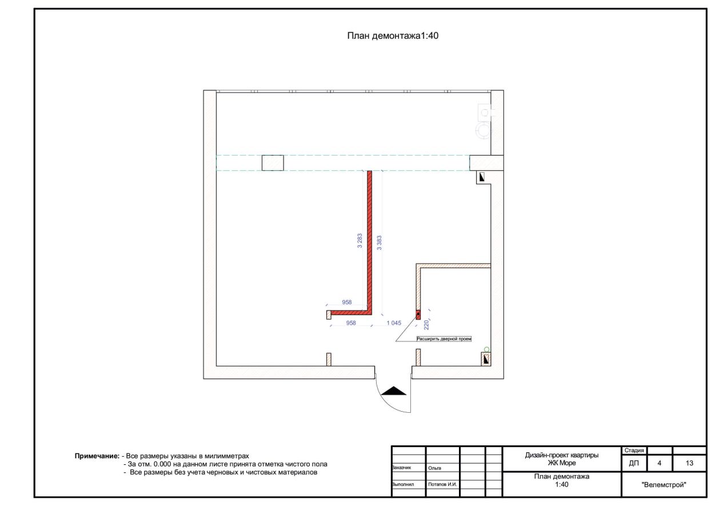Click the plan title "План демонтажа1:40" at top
tap(393, 36)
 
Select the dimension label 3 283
tap(360, 241)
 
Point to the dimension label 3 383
tap(379, 242)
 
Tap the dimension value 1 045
tap(394, 323)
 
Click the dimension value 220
tap(426, 325)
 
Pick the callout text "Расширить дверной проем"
tap(444, 338)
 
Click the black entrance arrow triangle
tap(394, 391)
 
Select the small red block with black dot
tap(418, 315)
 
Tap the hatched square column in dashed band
tap(273, 163)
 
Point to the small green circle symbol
tap(486, 349)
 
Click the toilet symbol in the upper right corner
tap(484, 121)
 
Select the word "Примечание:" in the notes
tap(97, 456)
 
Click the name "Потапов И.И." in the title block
tap(442, 484)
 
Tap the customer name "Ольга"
tap(435, 468)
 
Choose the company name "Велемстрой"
tap(664, 485)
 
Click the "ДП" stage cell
tap(634, 463)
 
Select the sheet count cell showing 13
tap(689, 463)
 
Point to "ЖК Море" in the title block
tap(562, 463)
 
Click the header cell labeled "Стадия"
tap(634, 451)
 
